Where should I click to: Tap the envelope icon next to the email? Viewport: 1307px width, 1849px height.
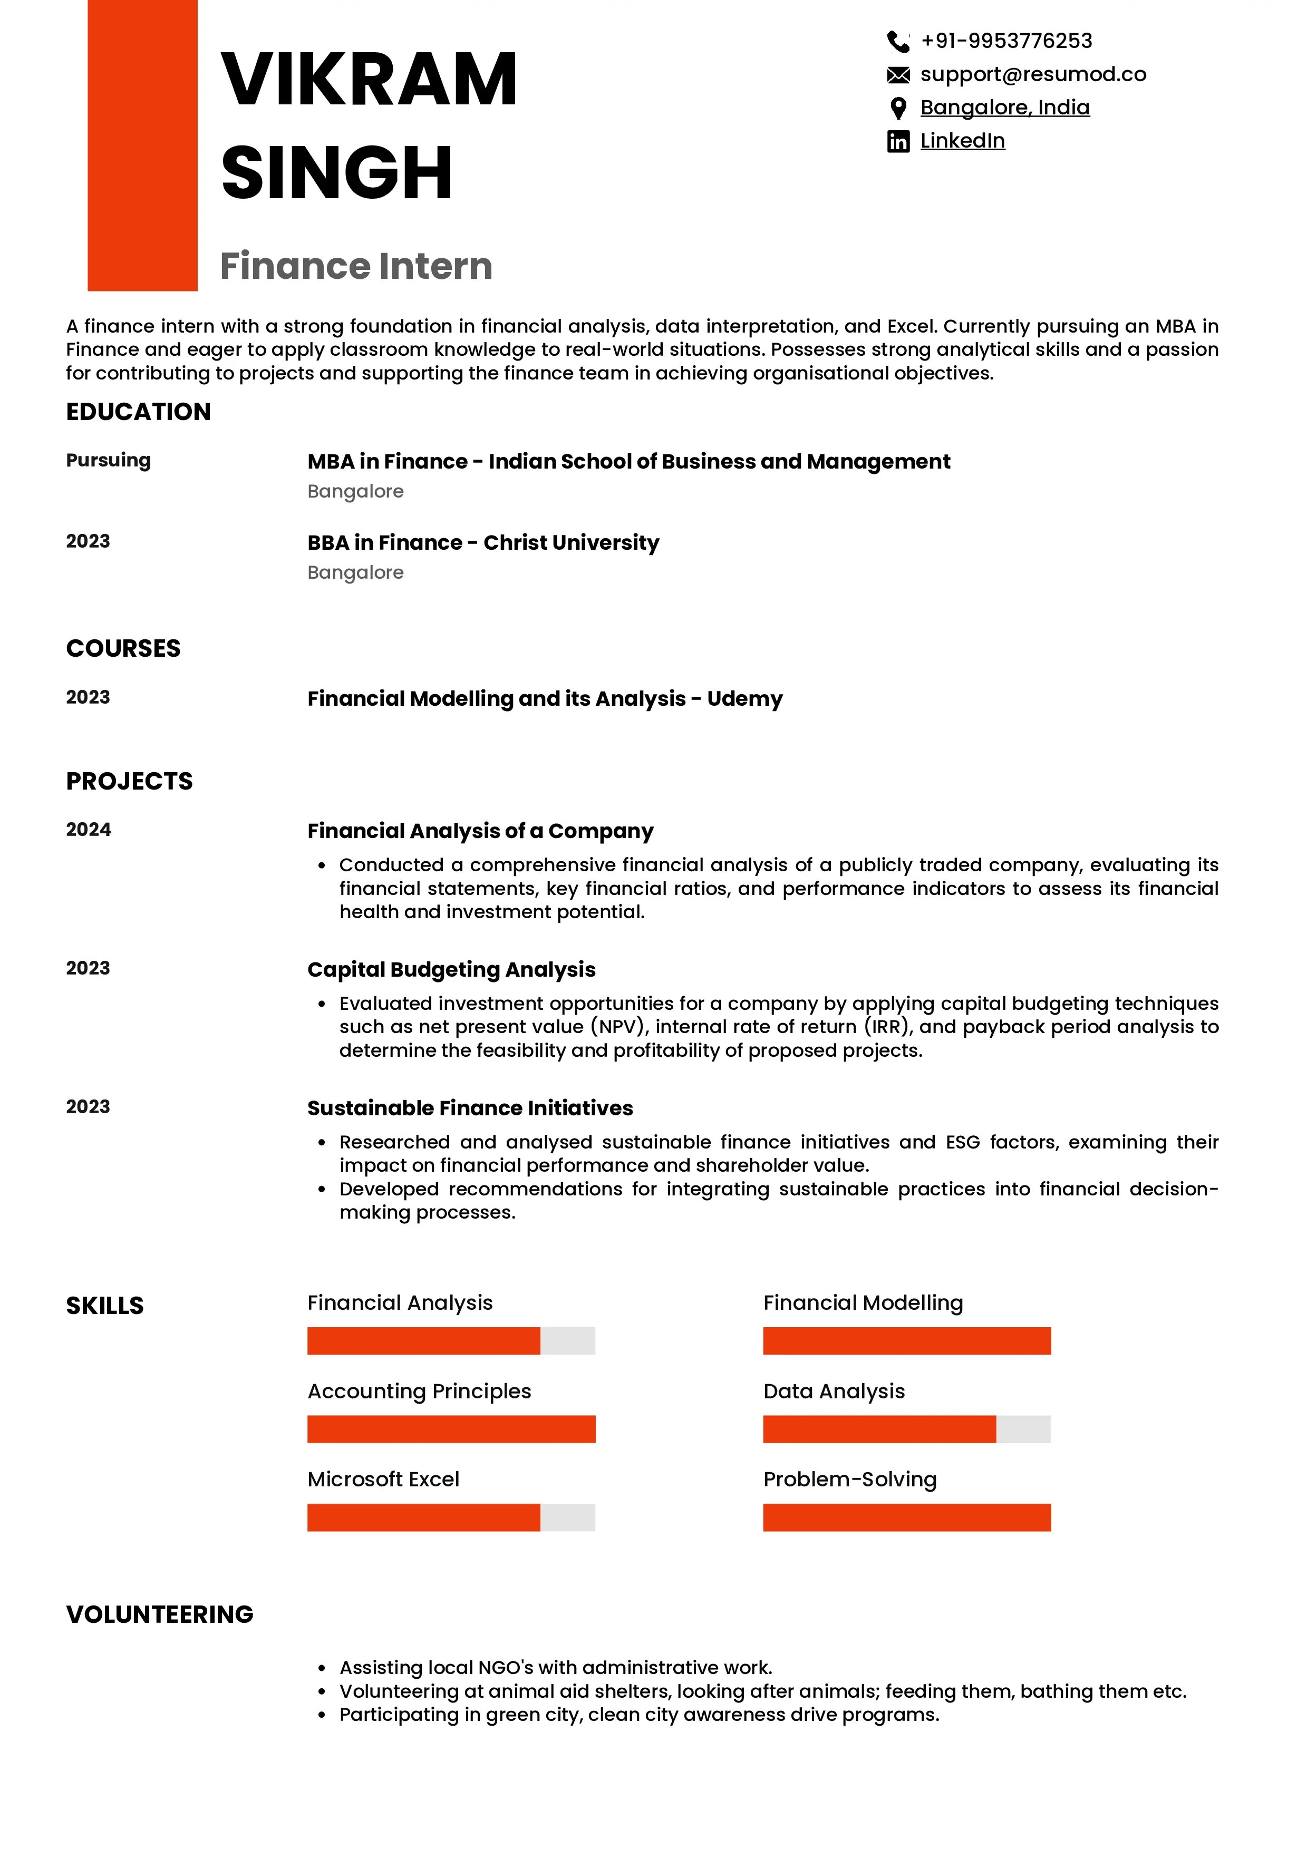[898, 75]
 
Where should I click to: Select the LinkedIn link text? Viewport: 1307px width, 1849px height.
[962, 141]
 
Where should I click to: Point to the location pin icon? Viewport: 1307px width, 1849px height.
[898, 108]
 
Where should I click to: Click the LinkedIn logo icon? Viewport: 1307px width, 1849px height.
[898, 142]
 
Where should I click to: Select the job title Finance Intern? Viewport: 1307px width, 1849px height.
[356, 266]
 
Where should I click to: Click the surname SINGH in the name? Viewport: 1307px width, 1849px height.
[336, 172]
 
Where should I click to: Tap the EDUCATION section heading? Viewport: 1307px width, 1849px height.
[139, 412]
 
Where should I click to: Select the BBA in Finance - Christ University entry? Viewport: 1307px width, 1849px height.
[483, 543]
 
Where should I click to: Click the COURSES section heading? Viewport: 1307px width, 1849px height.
[123, 648]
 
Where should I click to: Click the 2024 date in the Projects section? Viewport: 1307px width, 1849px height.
[89, 830]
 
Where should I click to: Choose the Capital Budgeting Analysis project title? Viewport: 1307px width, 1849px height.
[451, 970]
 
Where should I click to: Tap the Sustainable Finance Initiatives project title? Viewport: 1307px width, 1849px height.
[470, 1108]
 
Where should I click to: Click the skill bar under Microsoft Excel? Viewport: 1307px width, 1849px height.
[451, 1517]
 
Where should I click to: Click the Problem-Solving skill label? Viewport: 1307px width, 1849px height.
[849, 1480]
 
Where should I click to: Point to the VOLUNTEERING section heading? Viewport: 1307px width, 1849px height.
[159, 1614]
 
